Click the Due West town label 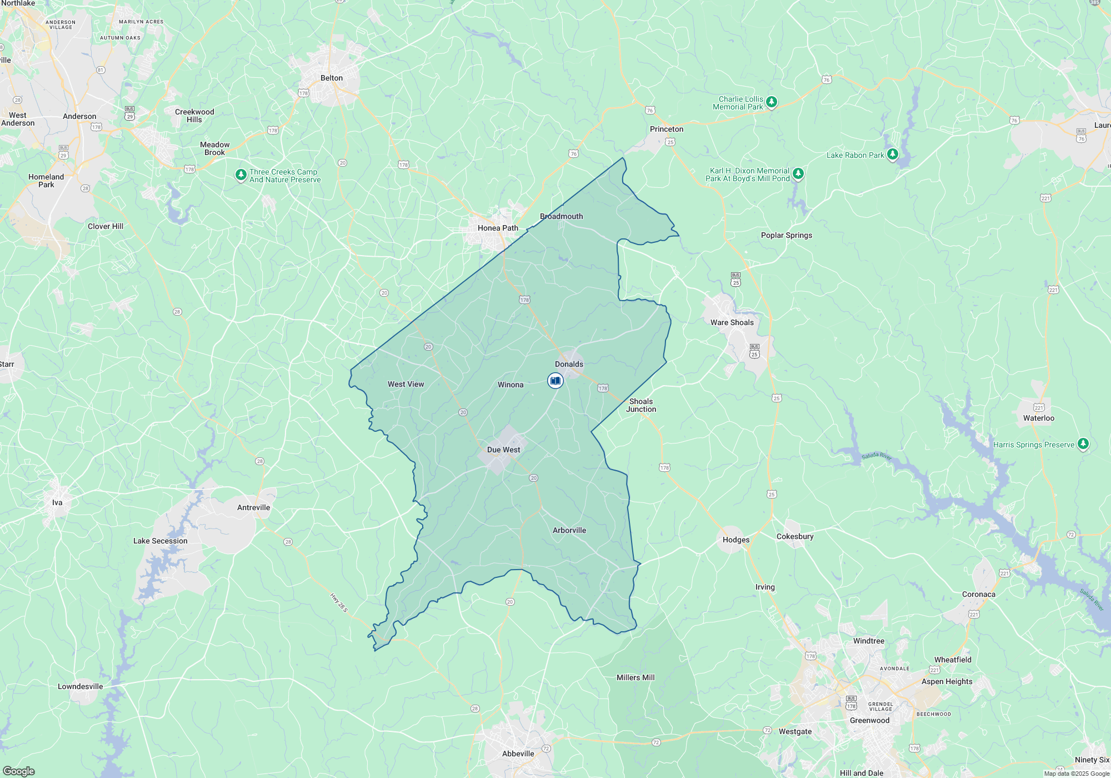click(x=503, y=450)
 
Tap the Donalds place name click(x=569, y=364)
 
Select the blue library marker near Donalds click(x=555, y=381)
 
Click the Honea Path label click(x=498, y=228)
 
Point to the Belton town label click(x=332, y=78)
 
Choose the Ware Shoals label click(x=732, y=322)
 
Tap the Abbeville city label click(x=518, y=754)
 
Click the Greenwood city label click(x=869, y=720)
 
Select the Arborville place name click(x=569, y=530)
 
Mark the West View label click(x=406, y=384)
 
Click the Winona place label click(x=511, y=385)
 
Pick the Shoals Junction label click(x=641, y=405)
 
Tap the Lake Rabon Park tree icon click(x=893, y=154)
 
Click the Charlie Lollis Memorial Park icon click(x=771, y=102)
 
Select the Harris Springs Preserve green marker click(x=1083, y=443)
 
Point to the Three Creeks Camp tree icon click(x=241, y=174)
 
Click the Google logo click(x=19, y=771)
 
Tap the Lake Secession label click(x=160, y=541)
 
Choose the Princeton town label click(x=667, y=129)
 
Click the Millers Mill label click(x=635, y=677)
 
